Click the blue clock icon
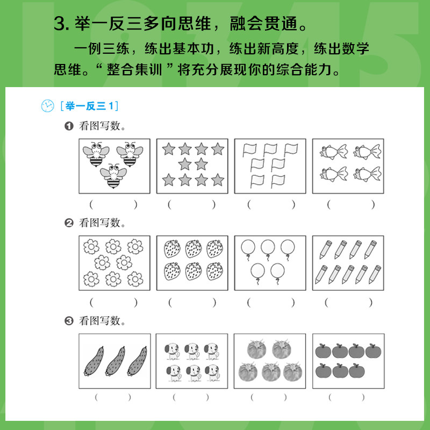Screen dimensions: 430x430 point(47,106)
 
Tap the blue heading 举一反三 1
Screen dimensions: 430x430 point(89,106)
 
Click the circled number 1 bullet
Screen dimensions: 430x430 point(69,126)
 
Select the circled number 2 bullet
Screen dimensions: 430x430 point(69,223)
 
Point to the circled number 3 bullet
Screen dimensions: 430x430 point(69,320)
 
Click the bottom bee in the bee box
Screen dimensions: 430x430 point(113,176)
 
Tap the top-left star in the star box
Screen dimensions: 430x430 point(169,149)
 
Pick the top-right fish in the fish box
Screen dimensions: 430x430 point(368,152)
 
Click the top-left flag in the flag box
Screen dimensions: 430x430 point(249,150)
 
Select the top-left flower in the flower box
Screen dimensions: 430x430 point(91,247)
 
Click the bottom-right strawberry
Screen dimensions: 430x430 point(214,271)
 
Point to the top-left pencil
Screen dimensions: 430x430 point(326,249)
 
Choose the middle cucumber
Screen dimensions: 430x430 point(116,361)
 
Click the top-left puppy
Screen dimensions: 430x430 point(172,351)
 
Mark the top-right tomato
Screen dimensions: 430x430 point(282,349)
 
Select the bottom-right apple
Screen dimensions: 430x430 point(357,371)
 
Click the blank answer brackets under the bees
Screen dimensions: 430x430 point(113,205)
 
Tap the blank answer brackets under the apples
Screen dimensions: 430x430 point(347,397)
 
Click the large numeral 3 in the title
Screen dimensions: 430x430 point(60,24)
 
